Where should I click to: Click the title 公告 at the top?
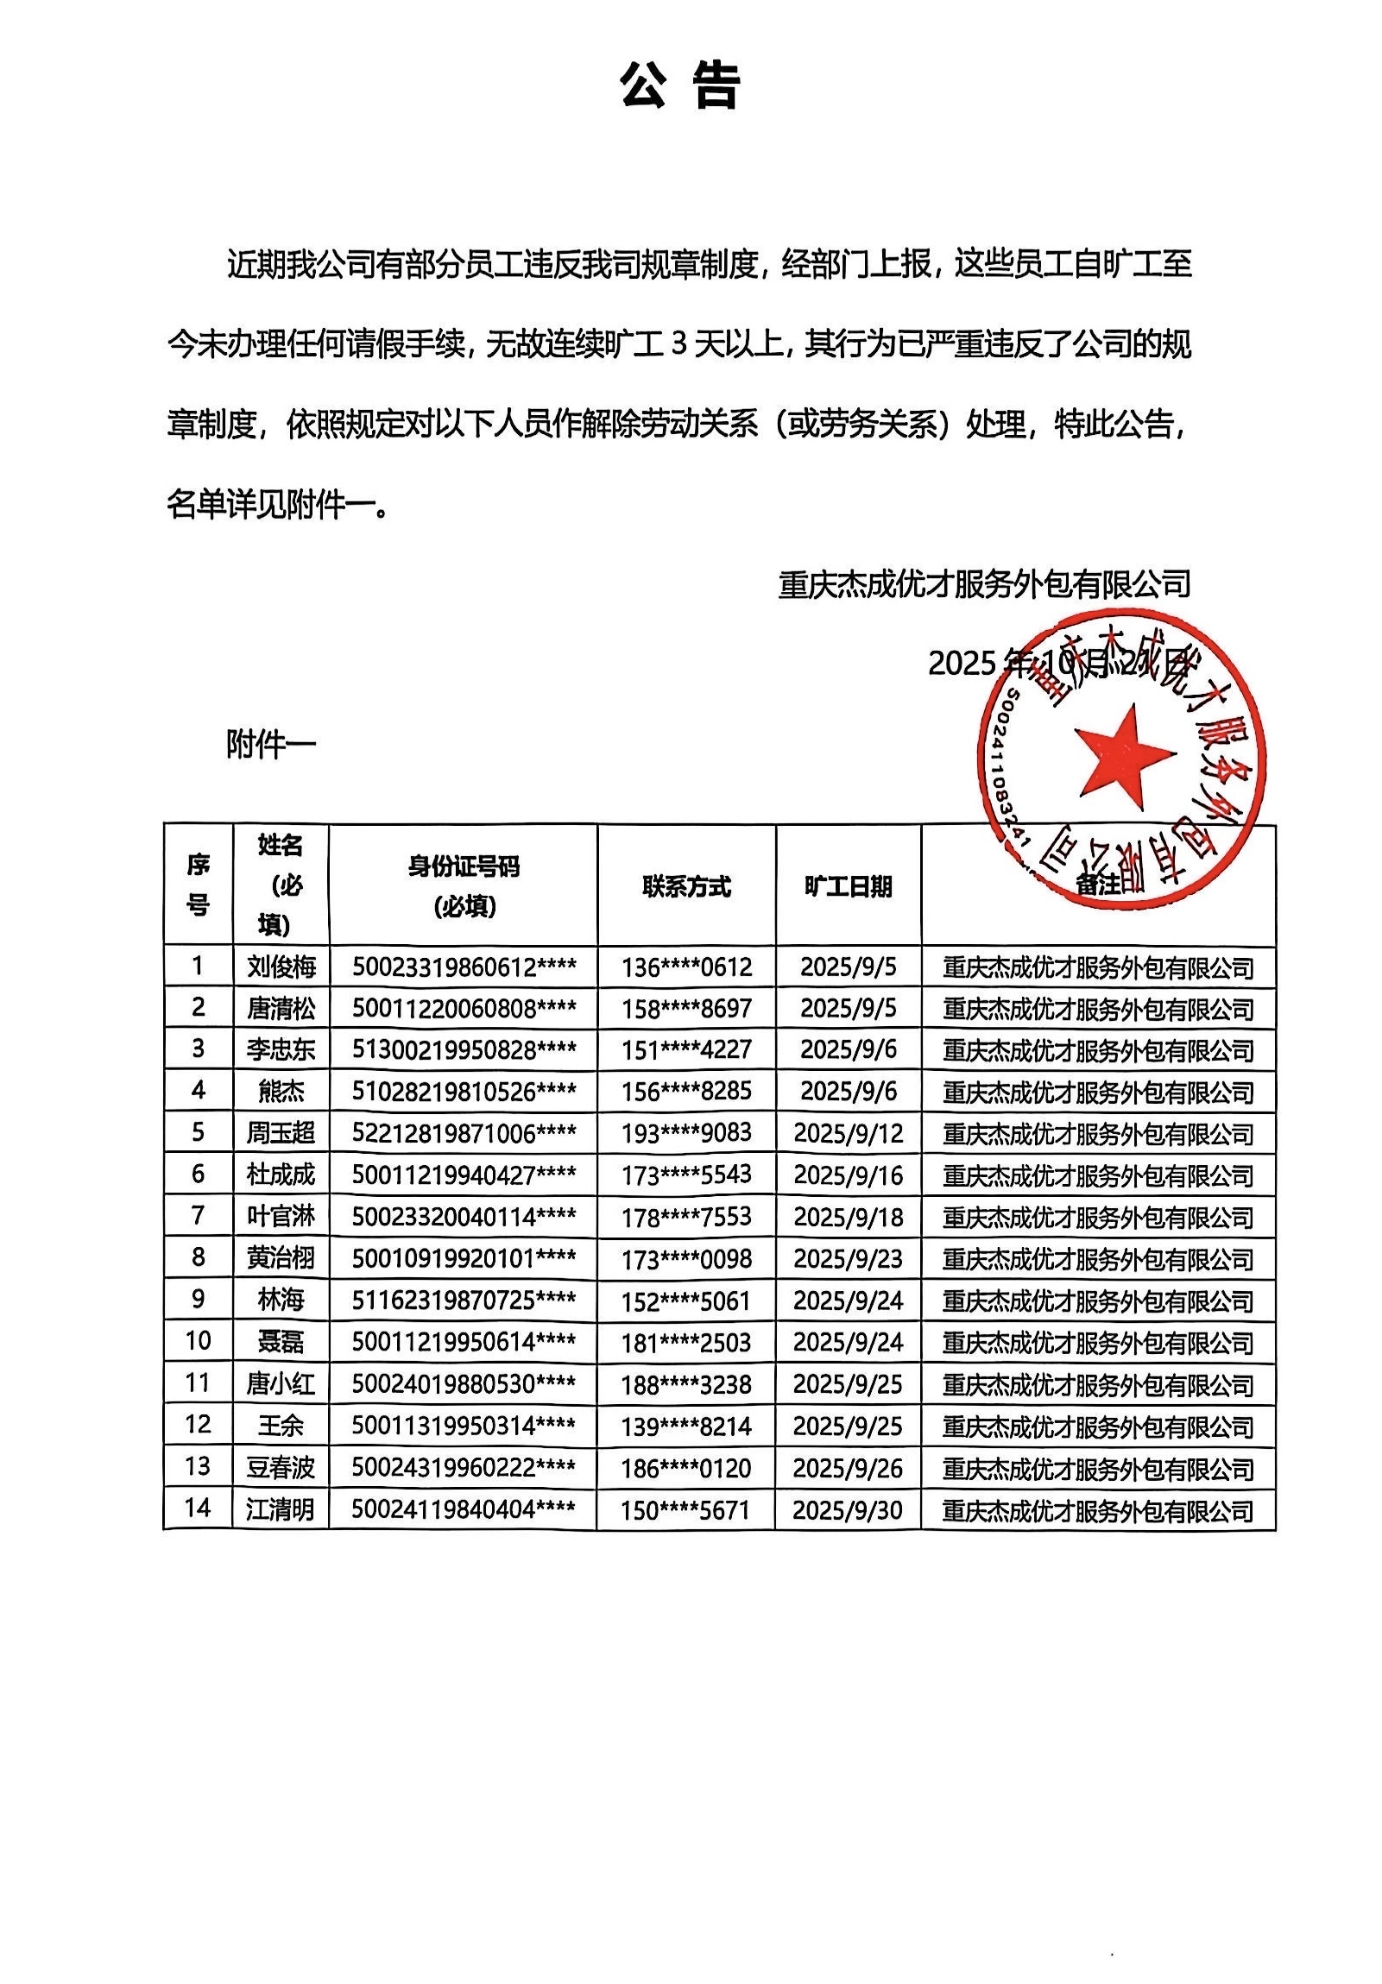click(680, 86)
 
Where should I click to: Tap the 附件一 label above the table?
click(271, 744)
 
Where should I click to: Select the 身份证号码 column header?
click(464, 885)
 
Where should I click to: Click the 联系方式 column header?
click(686, 886)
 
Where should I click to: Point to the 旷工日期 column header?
click(848, 886)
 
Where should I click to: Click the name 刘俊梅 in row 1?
click(281, 966)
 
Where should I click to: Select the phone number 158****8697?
click(686, 1009)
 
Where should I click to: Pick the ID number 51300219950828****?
click(464, 1050)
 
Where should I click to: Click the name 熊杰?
click(281, 1092)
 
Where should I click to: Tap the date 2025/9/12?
click(848, 1133)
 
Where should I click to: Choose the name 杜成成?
click(281, 1175)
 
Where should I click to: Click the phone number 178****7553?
click(686, 1217)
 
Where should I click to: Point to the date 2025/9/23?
click(848, 1258)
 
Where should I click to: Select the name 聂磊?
click(281, 1342)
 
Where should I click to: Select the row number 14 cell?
click(198, 1508)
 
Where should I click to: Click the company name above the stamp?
click(984, 585)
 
